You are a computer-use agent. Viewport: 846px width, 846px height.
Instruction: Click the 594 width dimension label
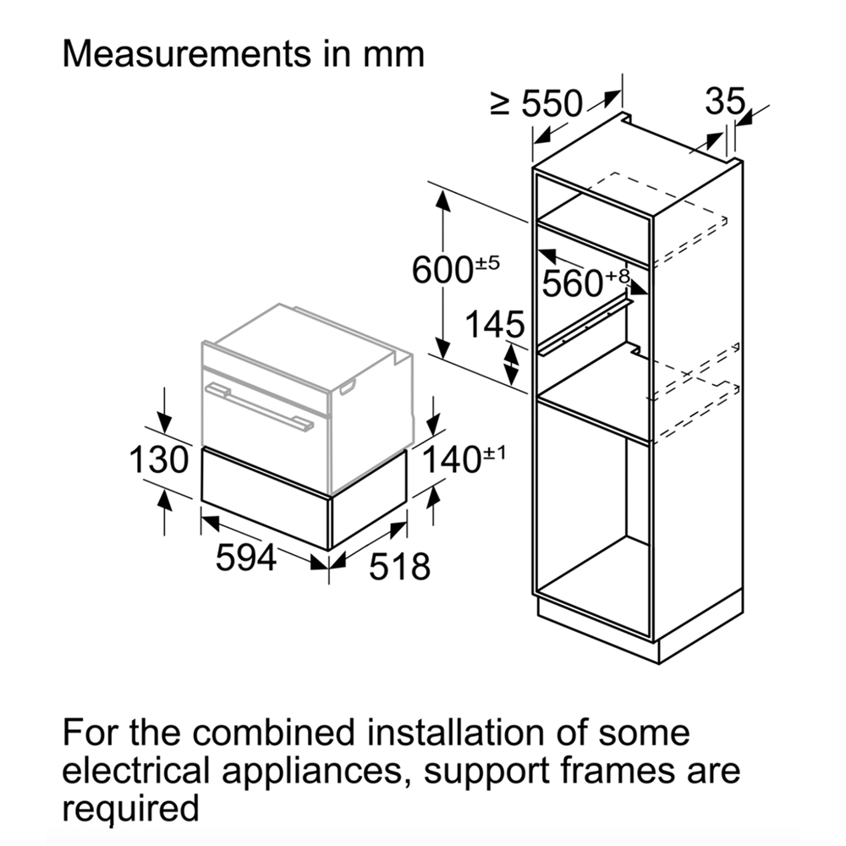[245, 558]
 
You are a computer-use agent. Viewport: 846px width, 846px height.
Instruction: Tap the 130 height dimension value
[157, 460]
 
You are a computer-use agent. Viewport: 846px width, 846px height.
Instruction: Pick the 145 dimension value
[493, 324]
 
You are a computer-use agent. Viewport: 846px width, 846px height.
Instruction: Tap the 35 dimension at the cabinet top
[725, 102]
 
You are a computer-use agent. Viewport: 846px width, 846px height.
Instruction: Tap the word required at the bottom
[131, 810]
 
